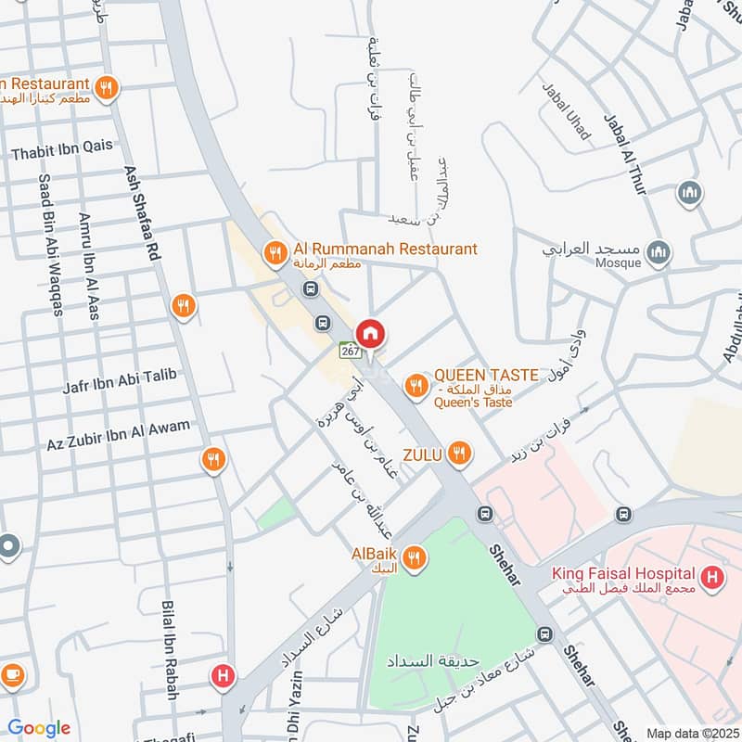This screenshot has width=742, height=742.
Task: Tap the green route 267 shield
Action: (x=350, y=352)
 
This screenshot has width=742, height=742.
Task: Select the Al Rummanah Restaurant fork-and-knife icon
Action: (x=275, y=251)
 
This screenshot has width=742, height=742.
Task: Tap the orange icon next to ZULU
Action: (x=457, y=454)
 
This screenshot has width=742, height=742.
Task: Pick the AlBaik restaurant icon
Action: (x=414, y=557)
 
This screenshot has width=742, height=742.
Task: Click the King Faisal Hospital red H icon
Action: (x=712, y=580)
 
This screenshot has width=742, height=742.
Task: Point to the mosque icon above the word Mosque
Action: (x=658, y=252)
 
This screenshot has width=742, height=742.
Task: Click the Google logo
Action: (x=39, y=728)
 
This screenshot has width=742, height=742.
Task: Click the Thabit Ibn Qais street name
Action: (x=62, y=145)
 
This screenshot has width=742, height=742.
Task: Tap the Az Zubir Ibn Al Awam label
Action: (x=118, y=429)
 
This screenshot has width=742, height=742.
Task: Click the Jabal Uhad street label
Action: (x=566, y=111)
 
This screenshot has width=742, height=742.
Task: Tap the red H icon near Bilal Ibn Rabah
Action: (x=223, y=676)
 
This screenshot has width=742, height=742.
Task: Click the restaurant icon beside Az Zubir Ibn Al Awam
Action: (x=214, y=458)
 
